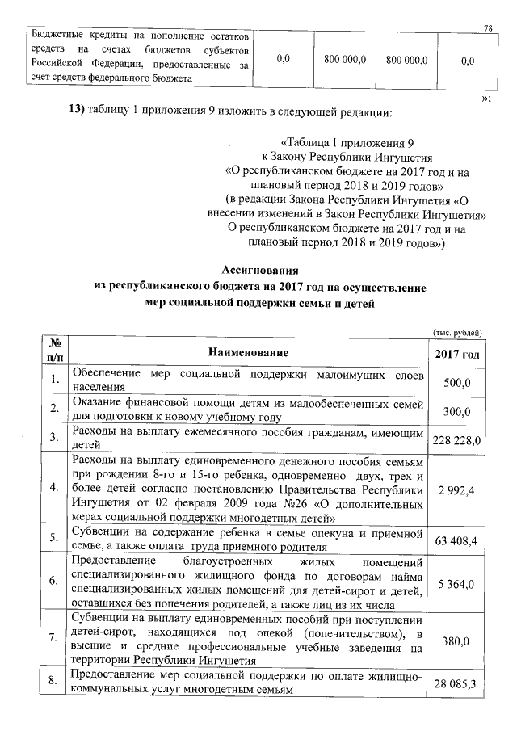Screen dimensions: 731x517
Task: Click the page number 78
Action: [488, 27]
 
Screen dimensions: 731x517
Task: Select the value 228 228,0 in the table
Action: [456, 439]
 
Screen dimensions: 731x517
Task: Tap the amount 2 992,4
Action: [456, 489]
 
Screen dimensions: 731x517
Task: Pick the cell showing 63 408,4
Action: [456, 539]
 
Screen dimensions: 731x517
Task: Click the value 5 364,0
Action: [456, 582]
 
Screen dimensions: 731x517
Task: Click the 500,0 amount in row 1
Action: [456, 383]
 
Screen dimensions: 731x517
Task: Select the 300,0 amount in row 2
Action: [456, 411]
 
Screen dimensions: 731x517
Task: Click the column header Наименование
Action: [248, 353]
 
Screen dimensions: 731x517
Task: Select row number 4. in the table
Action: [53, 489]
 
